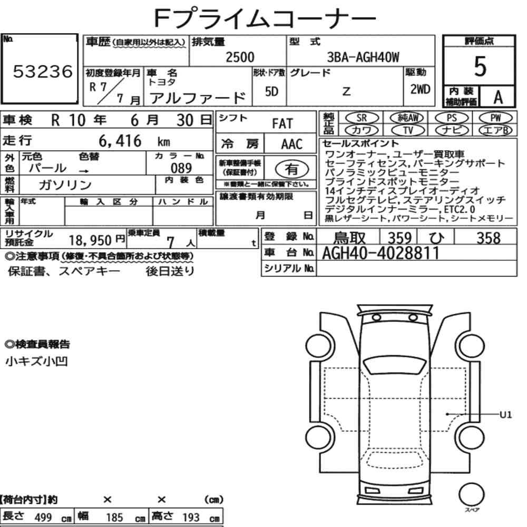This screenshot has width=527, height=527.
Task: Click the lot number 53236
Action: [43, 71]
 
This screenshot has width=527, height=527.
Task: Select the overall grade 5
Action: [480, 66]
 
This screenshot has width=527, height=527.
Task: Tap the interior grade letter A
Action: [498, 97]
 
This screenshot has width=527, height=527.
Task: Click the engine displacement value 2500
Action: [240, 57]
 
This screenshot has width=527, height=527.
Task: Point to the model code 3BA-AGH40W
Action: [363, 57]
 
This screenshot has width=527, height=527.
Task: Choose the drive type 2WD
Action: [420, 89]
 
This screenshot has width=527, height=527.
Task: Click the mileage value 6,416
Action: [120, 141]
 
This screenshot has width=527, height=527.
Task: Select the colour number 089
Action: [181, 168]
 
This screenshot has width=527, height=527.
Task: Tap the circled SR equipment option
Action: [362, 118]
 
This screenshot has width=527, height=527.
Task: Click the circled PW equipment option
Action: [496, 118]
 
